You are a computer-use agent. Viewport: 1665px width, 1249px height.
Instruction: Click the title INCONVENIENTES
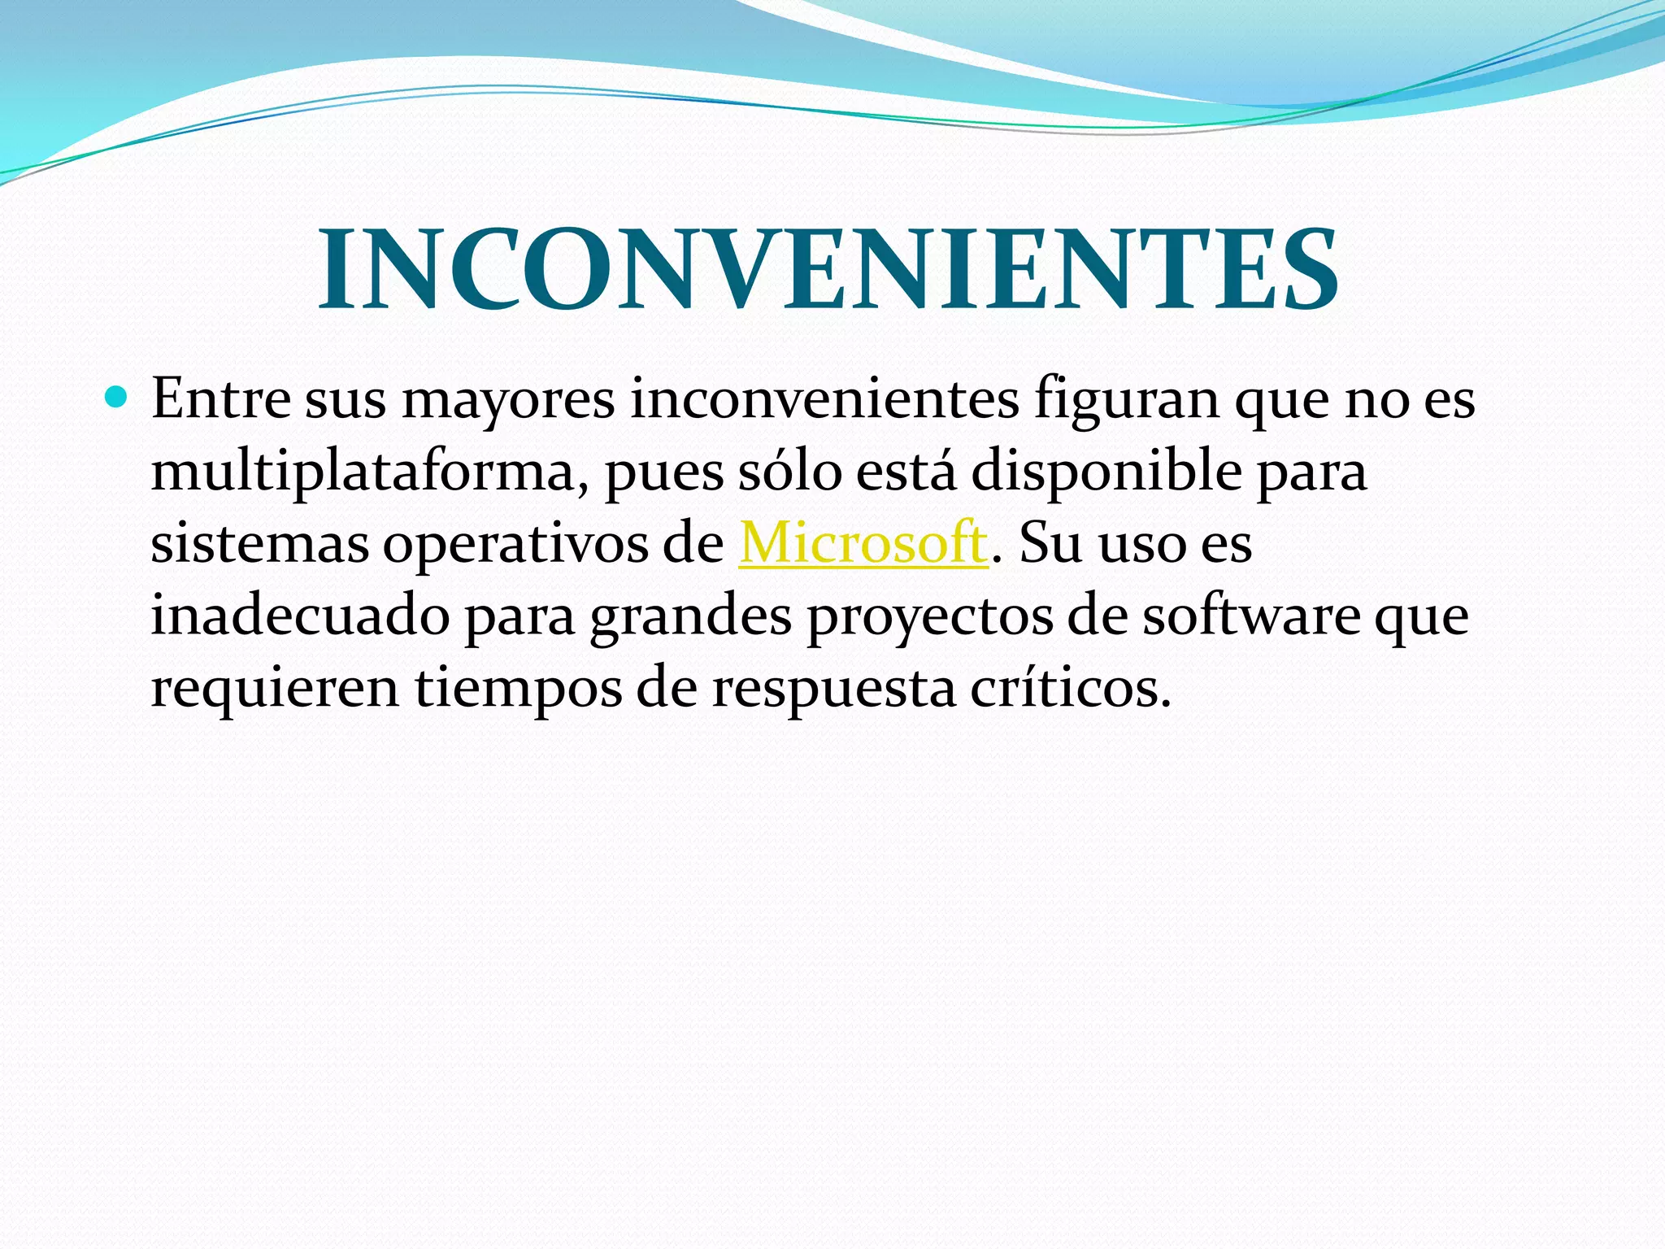tap(828, 270)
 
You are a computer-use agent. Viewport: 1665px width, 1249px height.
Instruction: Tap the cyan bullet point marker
tap(117, 398)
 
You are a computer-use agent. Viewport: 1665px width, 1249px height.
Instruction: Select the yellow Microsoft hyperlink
tap(863, 543)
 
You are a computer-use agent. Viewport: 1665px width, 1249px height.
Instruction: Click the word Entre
tap(221, 399)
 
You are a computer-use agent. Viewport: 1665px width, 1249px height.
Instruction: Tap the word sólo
tap(789, 472)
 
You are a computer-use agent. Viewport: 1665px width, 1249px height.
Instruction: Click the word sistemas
tap(259, 543)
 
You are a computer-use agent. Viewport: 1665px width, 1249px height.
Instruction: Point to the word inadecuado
tap(300, 616)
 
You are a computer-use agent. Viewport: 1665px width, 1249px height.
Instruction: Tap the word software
tap(1251, 616)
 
